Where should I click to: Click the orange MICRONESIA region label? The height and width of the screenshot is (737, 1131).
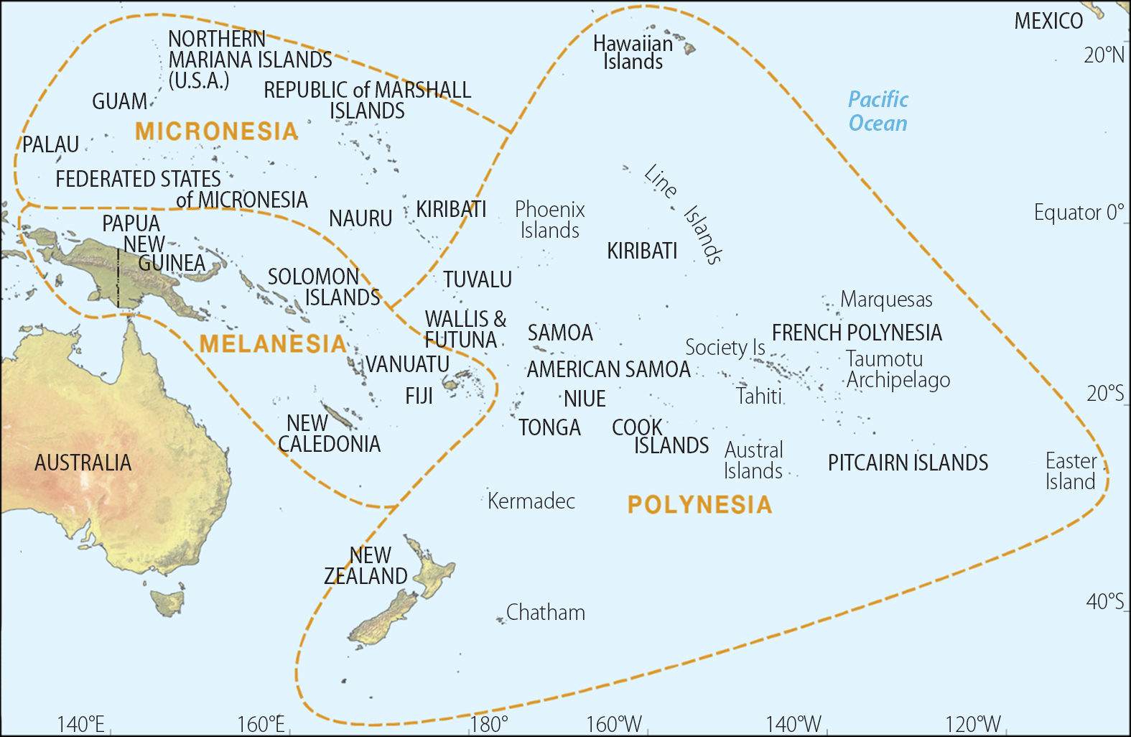click(x=216, y=131)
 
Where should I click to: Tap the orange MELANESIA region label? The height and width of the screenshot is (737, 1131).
click(x=273, y=344)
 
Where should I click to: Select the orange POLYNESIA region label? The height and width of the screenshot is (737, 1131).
click(x=699, y=505)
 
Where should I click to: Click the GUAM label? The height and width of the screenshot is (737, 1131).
click(x=119, y=102)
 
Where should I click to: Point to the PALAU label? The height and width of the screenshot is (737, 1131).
click(x=50, y=145)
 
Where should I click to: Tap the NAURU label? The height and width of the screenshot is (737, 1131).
click(x=360, y=218)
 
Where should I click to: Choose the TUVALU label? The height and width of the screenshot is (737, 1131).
click(x=478, y=279)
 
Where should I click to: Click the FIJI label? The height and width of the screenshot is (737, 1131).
click(x=419, y=396)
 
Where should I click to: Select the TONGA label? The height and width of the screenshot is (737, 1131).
click(x=549, y=427)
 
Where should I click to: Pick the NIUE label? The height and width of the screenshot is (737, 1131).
click(x=585, y=399)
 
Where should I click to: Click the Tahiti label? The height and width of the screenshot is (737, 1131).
click(x=758, y=396)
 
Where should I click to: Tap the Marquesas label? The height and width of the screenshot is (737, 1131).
click(x=886, y=300)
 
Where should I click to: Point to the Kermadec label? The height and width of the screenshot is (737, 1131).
click(x=531, y=501)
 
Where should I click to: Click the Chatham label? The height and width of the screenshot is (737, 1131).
click(x=545, y=613)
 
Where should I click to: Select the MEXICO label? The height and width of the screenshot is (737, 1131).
click(x=1048, y=22)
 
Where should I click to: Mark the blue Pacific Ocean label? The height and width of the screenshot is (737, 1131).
click(x=878, y=111)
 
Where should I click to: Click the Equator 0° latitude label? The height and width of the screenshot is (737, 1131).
click(x=1078, y=213)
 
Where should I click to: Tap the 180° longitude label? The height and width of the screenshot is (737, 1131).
click(x=489, y=723)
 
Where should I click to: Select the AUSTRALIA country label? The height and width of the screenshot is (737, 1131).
click(x=83, y=463)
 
